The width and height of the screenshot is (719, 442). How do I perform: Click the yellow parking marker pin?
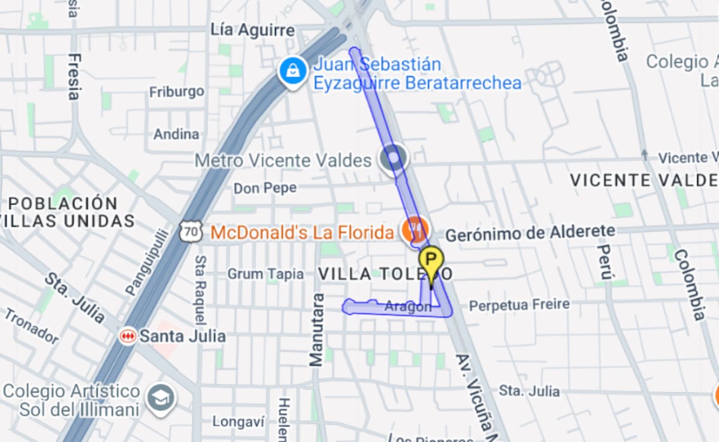coord(431,261)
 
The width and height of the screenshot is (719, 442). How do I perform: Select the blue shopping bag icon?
coord(292,72)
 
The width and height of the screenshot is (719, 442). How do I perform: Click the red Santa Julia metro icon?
coord(128,336)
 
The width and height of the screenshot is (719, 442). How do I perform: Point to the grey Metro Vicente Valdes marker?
coord(394,159)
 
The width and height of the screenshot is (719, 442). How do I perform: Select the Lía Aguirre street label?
coord(253,30)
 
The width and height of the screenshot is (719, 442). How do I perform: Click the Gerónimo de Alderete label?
coord(530,233)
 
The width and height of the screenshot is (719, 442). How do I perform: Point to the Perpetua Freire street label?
coord(519,305)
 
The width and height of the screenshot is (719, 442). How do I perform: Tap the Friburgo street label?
coord(176,92)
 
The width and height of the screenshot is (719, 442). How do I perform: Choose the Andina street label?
coord(176,134)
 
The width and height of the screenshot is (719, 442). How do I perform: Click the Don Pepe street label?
coord(265,188)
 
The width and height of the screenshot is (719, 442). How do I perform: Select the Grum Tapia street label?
coord(265,274)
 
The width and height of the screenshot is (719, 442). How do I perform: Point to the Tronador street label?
coord(32,326)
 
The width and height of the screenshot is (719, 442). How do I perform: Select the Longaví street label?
coord(238,422)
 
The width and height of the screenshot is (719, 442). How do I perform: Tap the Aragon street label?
coord(407,306)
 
